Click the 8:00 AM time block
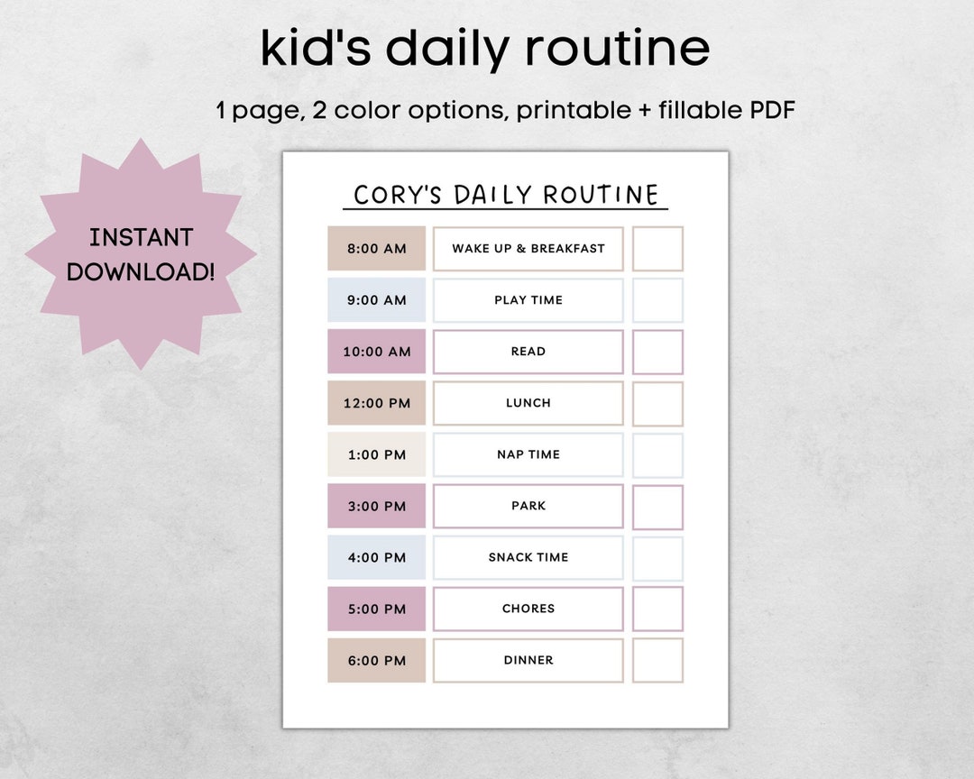point(376,249)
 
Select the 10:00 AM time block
point(376,352)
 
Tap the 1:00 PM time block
point(376,454)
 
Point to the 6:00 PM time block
point(376,660)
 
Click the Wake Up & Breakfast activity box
point(528,249)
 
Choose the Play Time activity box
point(528,300)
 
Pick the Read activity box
point(528,352)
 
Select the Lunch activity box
point(528,403)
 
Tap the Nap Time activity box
point(528,454)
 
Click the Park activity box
point(528,506)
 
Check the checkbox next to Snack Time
point(657,558)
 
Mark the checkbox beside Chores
point(657,609)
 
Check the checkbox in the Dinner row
point(657,660)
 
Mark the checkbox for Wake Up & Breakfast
point(657,249)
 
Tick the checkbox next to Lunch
point(657,403)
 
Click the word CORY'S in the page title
point(399,195)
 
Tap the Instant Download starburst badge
point(141,254)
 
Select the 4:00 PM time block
point(376,558)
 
